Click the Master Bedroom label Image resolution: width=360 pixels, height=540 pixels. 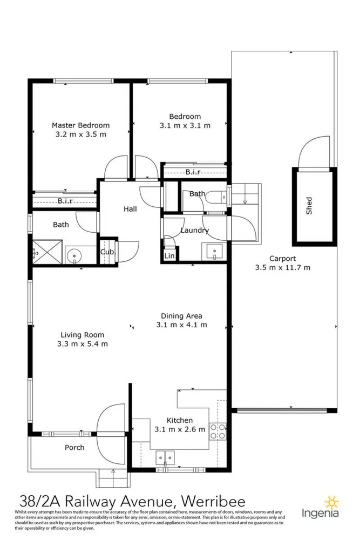80,125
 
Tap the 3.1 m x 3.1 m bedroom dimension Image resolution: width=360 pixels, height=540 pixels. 185,125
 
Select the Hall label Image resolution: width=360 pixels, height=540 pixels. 130,209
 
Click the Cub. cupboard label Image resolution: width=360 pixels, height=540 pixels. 107,252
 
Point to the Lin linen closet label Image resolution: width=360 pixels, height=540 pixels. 169,255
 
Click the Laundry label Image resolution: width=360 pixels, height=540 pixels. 194,231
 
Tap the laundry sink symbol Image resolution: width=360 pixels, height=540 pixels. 214,251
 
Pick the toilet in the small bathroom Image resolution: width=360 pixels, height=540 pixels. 217,198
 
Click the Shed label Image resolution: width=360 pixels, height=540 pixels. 309,205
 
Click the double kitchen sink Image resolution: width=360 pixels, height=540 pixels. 166,457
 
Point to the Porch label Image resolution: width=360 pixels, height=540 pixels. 74,448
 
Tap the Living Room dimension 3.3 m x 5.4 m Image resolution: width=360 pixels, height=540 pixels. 83,344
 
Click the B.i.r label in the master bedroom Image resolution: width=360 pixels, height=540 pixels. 65,201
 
